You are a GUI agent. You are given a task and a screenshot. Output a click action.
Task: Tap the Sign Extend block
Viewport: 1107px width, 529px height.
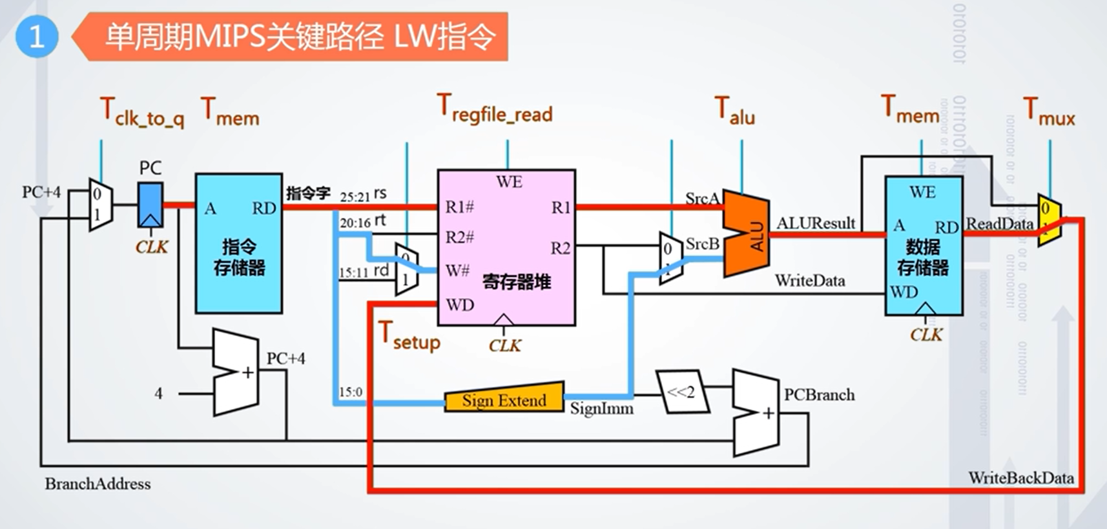click(504, 399)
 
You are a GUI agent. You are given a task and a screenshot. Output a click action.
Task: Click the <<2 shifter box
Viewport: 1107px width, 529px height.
click(682, 392)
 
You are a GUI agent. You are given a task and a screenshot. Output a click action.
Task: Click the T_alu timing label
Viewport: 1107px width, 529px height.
click(734, 110)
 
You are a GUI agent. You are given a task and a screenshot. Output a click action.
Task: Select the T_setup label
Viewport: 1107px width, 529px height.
click(409, 336)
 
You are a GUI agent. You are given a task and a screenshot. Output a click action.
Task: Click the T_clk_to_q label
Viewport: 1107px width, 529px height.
click(142, 112)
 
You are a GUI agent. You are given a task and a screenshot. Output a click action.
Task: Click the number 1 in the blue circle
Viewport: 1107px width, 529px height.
click(37, 37)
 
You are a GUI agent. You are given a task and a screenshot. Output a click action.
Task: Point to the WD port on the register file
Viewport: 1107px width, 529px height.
click(459, 304)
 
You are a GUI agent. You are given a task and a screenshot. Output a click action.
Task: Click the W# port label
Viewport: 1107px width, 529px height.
click(457, 270)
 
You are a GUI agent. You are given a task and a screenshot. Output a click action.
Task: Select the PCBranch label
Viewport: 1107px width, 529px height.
click(819, 394)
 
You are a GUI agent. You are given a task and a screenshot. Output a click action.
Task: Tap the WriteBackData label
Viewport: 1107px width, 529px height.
click(1020, 478)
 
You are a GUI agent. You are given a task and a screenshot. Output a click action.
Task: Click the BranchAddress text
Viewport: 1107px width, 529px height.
click(98, 484)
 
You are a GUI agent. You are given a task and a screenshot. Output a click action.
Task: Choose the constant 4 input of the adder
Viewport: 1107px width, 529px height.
click(158, 393)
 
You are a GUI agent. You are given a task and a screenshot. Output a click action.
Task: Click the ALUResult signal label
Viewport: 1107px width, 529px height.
click(816, 223)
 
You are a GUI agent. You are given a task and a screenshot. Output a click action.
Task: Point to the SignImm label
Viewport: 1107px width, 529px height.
click(601, 408)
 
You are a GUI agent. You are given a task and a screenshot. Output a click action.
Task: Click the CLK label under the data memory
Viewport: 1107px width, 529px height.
click(926, 335)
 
